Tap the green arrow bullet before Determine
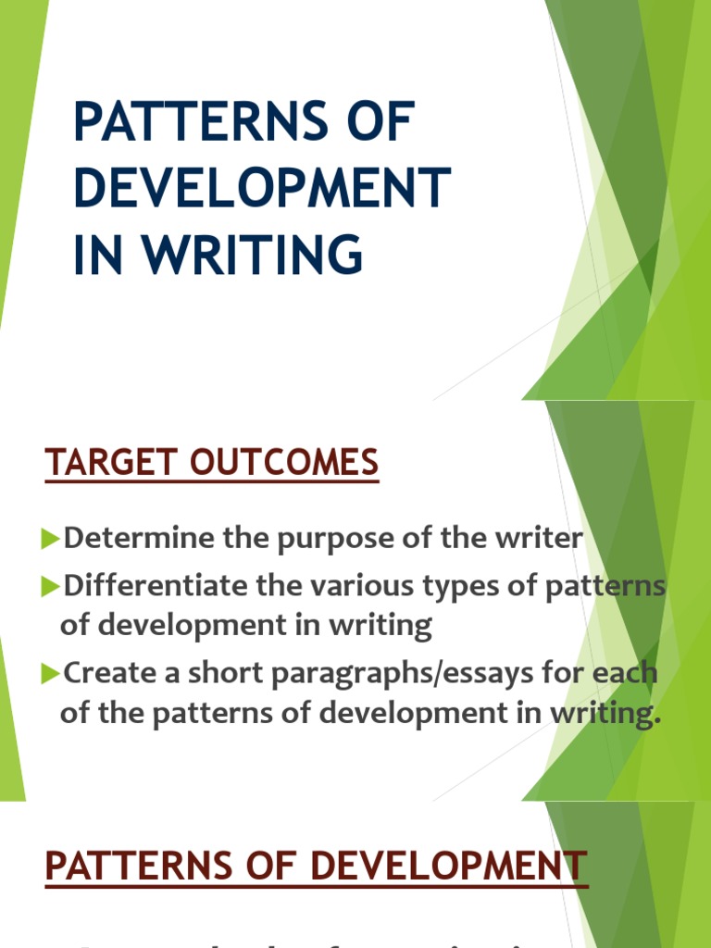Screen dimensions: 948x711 point(52,539)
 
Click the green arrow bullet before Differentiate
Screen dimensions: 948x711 point(52,586)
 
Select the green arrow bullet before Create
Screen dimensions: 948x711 point(52,673)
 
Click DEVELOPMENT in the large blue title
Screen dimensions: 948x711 point(262,189)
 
